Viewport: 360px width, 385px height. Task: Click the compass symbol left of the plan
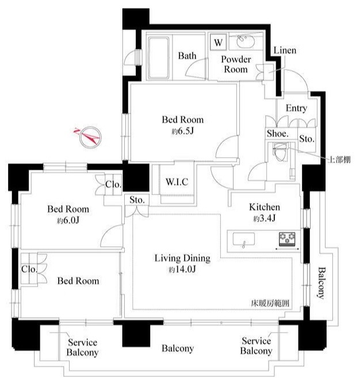tap(88, 135)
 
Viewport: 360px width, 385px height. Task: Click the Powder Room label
tap(235, 64)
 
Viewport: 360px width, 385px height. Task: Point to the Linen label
tap(285, 51)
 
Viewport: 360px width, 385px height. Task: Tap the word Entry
tap(296, 108)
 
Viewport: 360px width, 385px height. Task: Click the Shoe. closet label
tap(277, 134)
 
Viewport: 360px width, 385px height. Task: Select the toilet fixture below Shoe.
tap(280, 154)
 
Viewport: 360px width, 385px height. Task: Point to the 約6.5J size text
tap(182, 131)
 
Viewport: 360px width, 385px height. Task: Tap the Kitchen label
tap(264, 207)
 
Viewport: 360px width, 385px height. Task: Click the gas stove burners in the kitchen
tap(288, 238)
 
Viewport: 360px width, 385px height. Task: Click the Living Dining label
tap(182, 258)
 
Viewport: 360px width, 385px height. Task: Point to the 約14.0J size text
tap(180, 269)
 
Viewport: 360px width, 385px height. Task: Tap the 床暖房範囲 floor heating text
tap(270, 303)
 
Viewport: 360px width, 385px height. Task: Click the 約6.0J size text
tap(68, 220)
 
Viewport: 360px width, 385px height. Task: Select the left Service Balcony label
tap(82, 348)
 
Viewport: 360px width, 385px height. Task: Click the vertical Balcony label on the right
tap(323, 284)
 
